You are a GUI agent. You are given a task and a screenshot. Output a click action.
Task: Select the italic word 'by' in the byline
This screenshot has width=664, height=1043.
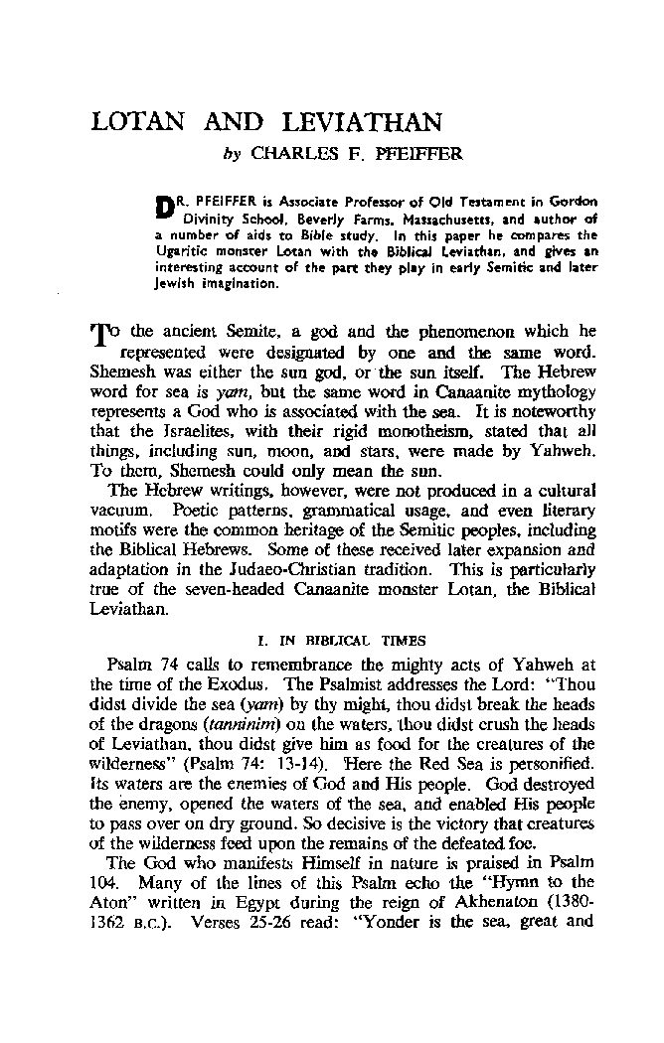click(x=231, y=154)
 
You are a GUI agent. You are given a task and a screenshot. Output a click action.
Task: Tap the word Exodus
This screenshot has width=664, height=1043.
click(x=238, y=667)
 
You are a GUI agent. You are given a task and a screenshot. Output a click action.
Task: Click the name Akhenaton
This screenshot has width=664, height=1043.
click(x=518, y=901)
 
